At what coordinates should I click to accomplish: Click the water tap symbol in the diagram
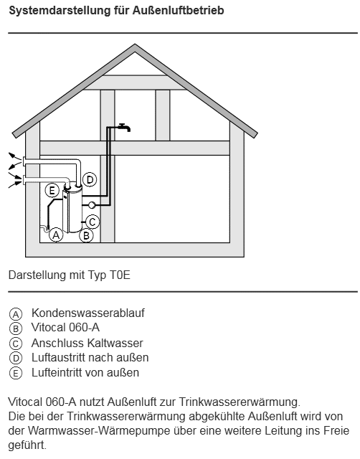(125, 128)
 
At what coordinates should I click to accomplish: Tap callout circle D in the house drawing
(90, 179)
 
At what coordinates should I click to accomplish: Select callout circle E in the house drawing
(52, 191)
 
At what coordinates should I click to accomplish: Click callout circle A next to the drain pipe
(56, 235)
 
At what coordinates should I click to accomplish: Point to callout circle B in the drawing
(86, 235)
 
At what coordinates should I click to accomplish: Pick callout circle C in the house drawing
(93, 222)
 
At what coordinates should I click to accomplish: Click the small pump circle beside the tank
(92, 205)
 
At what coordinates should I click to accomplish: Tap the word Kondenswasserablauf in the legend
(88, 313)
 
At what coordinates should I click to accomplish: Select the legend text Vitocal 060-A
(65, 328)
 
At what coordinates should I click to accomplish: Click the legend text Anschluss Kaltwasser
(87, 343)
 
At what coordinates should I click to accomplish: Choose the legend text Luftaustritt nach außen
(90, 357)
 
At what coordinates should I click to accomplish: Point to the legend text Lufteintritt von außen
(85, 373)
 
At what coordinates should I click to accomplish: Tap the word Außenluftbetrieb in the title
(179, 11)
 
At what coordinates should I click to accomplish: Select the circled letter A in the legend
(16, 314)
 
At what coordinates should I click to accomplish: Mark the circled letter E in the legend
(16, 373)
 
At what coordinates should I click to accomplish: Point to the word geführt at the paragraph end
(27, 445)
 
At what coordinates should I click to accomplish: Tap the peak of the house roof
(135, 44)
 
